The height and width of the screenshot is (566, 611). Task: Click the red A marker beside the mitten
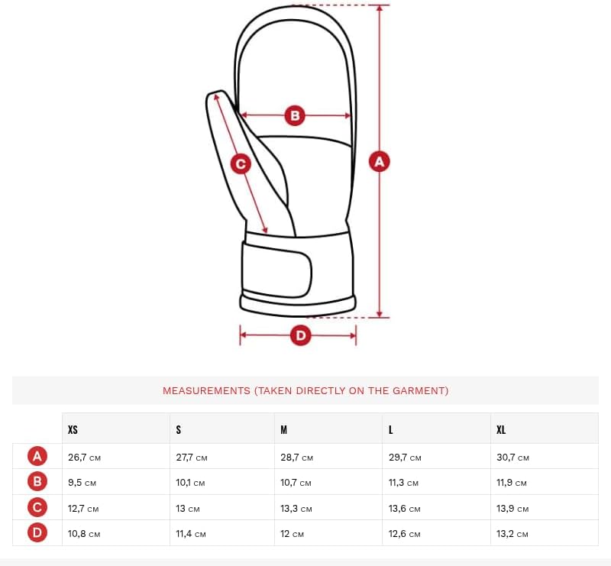point(379,161)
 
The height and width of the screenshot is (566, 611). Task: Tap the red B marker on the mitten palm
point(295,115)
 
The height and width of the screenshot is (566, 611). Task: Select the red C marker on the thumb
point(241,163)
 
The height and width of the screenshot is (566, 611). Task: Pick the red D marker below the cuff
point(301,335)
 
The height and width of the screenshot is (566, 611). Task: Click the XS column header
point(73,429)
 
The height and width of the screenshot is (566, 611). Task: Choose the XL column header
point(501,429)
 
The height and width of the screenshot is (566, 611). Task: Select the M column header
point(283,429)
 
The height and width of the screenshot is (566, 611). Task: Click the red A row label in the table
point(37,456)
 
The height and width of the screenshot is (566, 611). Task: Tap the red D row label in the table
point(37,533)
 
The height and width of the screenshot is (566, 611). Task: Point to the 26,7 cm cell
point(84,458)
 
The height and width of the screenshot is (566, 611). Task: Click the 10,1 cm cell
point(190,483)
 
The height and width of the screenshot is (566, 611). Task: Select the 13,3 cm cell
point(296,508)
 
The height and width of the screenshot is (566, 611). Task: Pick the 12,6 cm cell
point(405,534)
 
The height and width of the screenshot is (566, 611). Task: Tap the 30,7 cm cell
point(512,458)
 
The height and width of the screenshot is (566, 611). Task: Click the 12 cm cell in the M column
point(292,534)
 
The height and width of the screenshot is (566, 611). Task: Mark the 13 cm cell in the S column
point(187,508)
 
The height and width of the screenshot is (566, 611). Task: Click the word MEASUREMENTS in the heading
point(206,390)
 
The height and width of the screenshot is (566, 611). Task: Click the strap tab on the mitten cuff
point(276,270)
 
